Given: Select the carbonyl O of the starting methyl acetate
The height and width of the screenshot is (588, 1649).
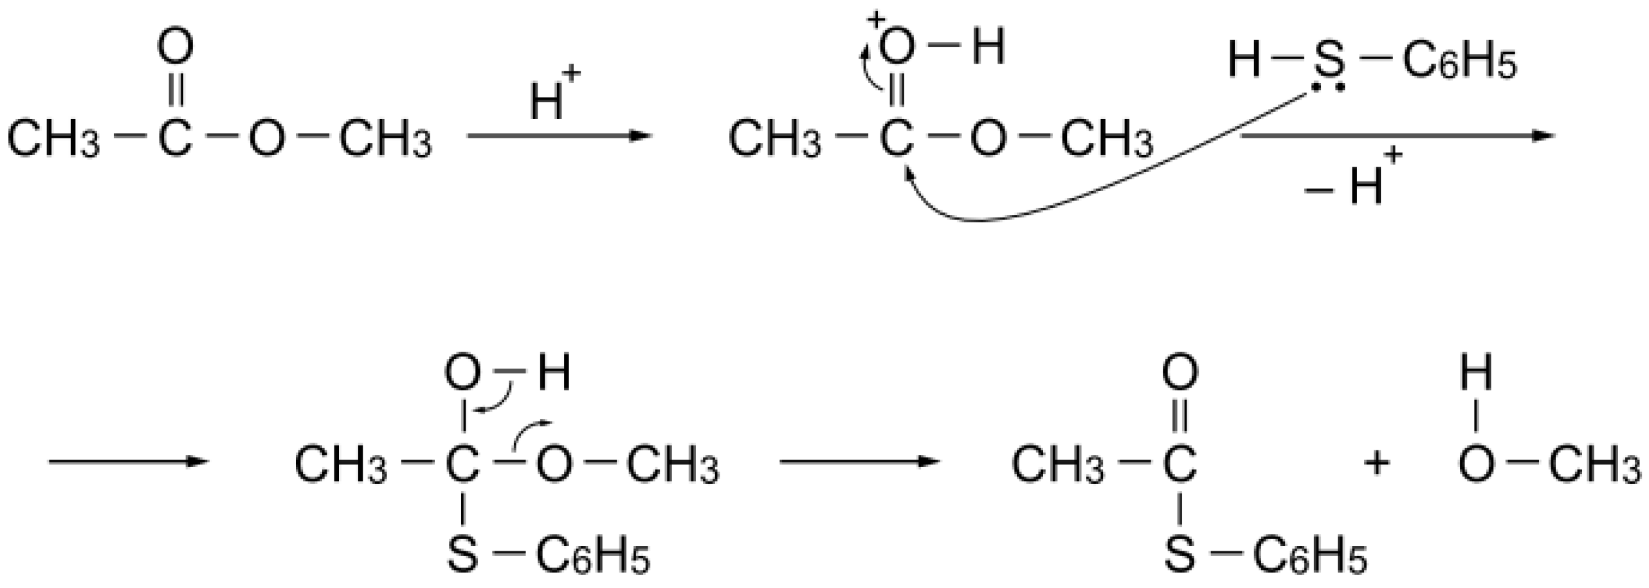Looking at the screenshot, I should tap(175, 48).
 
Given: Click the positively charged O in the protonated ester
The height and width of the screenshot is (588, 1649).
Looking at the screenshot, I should tap(896, 48).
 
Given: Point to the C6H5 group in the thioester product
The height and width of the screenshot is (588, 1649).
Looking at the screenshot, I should tap(1309, 555).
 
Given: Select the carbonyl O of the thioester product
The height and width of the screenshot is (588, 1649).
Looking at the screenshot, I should tap(1180, 373).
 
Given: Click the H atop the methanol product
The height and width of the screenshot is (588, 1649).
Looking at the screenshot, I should tap(1476, 373).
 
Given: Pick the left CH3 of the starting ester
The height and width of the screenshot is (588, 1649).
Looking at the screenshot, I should tap(53, 139).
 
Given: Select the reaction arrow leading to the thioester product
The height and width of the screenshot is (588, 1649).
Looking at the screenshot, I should tap(859, 461).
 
